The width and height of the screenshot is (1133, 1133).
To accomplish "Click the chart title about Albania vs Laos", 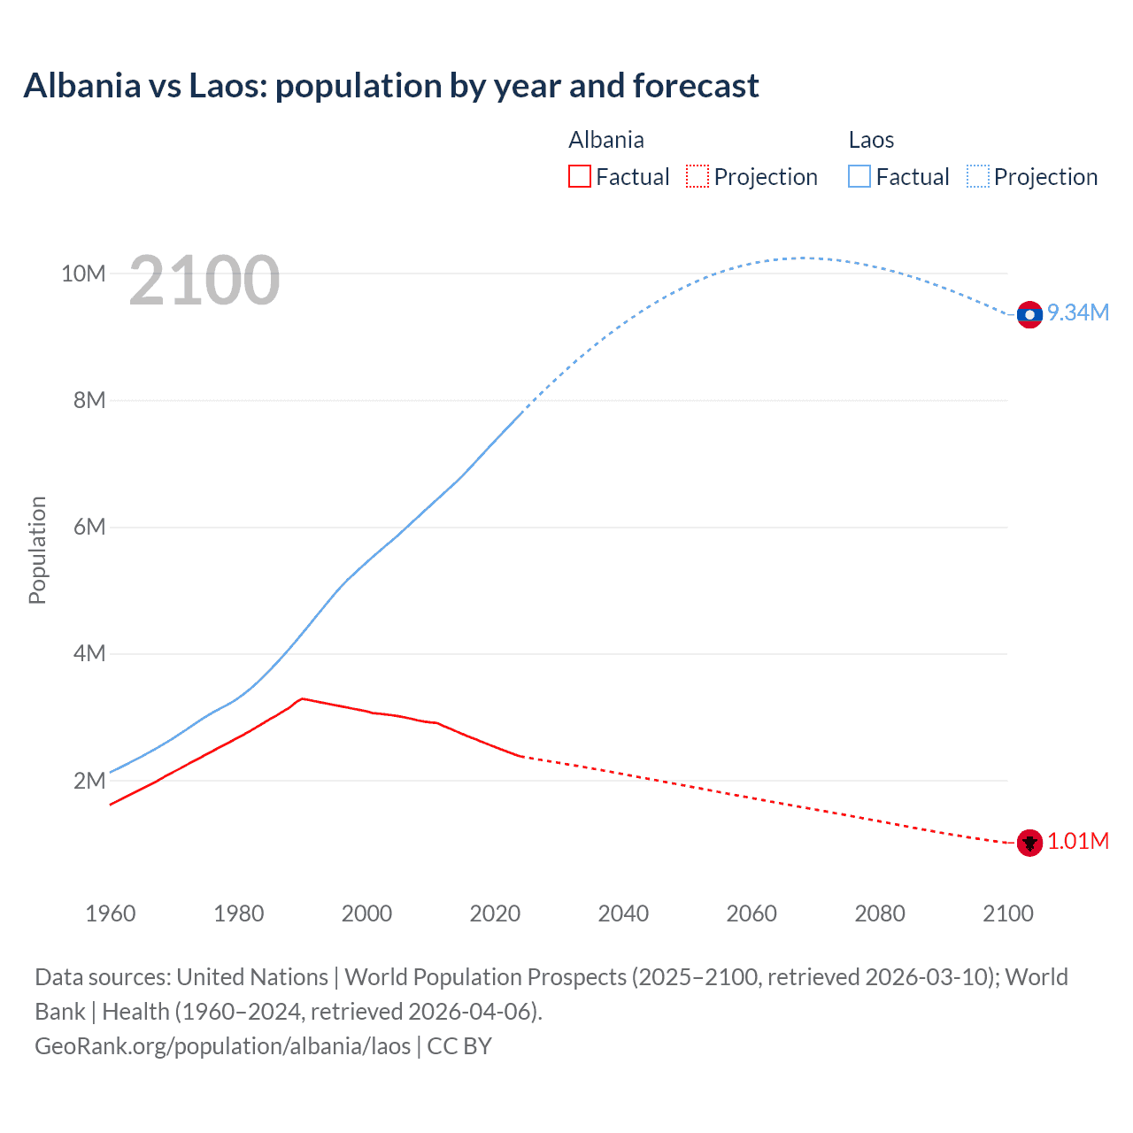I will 390,86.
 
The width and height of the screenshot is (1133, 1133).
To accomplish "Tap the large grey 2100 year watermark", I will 204,281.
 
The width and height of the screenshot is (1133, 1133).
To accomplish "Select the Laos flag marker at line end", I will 1029,314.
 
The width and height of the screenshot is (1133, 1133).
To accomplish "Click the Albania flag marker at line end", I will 1029,843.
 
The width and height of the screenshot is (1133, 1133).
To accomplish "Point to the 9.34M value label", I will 1078,312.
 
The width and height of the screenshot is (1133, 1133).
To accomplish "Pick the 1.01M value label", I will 1078,841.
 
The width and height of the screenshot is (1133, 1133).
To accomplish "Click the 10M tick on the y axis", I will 83,274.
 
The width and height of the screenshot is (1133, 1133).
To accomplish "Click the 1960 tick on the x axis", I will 111,913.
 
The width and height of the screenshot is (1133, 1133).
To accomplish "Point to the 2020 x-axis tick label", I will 495,913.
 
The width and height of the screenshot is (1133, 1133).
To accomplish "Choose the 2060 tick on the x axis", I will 751,913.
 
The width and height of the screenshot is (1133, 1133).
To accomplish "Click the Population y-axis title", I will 37,550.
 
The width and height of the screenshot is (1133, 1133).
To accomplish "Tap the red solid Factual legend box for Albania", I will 580,176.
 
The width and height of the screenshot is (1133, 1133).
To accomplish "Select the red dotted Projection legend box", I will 698,176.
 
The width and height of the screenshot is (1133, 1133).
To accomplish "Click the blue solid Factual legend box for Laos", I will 859,176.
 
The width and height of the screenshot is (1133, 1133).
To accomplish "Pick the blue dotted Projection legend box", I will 977,176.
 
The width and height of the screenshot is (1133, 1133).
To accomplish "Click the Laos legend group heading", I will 871,140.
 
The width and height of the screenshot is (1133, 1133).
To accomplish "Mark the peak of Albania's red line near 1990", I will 303,698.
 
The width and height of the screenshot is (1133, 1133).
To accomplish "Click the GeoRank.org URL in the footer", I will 222,1046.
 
